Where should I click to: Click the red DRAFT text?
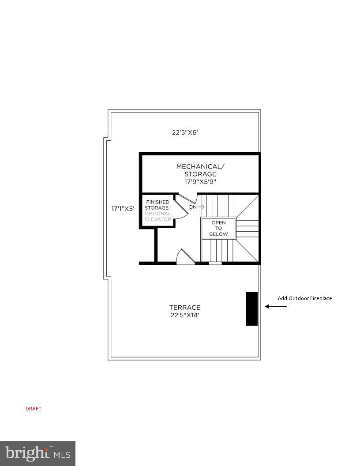click(33, 409)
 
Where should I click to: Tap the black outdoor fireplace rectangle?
click(251, 309)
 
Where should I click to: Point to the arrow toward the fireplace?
click(276, 306)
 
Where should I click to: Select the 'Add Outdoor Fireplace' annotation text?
click(304, 298)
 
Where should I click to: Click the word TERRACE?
click(185, 308)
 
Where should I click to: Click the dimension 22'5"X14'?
click(185, 315)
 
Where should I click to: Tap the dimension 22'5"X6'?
click(185, 132)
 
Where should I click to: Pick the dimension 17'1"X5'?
click(123, 209)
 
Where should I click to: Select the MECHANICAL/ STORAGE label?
click(200, 170)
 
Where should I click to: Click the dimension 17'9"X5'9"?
click(200, 181)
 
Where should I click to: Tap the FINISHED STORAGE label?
click(157, 205)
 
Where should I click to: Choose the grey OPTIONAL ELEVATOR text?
click(157, 216)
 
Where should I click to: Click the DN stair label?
click(193, 207)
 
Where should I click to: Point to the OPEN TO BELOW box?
click(218, 228)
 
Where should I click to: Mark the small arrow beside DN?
click(201, 207)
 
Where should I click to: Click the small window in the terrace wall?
click(215, 263)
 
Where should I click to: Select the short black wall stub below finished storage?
click(156, 245)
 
